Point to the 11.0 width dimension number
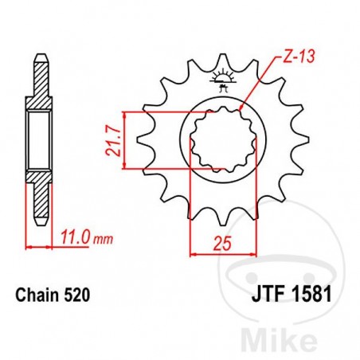tap(75, 237)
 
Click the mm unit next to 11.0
tap(100, 238)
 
